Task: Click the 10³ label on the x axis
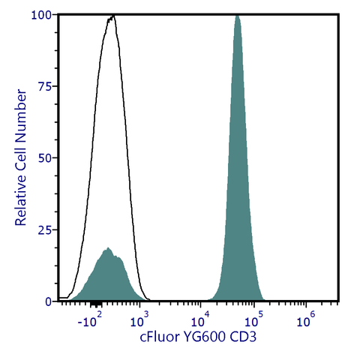click(139, 322)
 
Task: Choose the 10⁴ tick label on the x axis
click(200, 322)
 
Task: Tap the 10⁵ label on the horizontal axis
click(253, 322)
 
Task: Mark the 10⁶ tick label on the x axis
click(305, 322)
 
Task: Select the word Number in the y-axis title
click(22, 112)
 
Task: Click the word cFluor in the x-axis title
click(160, 337)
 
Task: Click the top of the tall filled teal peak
click(237, 16)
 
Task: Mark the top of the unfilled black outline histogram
click(112, 16)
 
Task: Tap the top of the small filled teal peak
click(108, 248)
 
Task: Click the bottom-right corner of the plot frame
click(341, 301)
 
